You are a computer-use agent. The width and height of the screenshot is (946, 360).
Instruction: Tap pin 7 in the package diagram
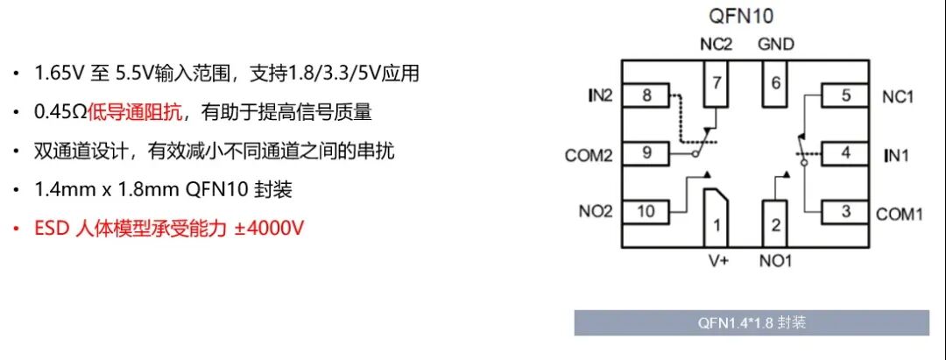[x=717, y=85]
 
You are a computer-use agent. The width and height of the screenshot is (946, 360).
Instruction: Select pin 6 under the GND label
[x=774, y=84]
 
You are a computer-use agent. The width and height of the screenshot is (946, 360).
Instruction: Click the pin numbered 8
[x=647, y=95]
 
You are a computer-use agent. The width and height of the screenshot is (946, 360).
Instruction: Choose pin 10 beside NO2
[x=646, y=211]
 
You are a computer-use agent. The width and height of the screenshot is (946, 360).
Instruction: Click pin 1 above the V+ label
[x=717, y=225]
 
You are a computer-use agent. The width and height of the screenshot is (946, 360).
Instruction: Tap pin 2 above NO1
[x=774, y=225]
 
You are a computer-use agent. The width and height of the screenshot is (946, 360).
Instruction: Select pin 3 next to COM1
[x=844, y=211]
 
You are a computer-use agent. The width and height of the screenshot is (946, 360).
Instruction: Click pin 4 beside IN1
[x=844, y=153]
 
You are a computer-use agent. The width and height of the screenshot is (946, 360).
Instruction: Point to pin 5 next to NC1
[x=844, y=95]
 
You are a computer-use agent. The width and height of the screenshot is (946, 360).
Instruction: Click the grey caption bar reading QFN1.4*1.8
[x=752, y=322]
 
